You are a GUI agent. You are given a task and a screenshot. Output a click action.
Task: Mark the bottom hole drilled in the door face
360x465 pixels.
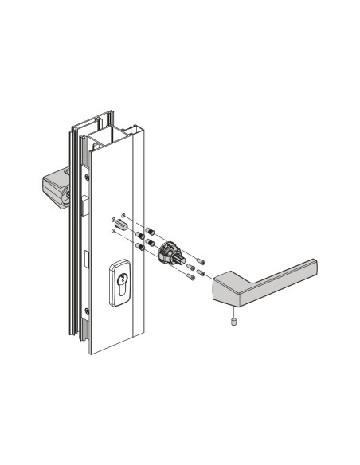(114, 232)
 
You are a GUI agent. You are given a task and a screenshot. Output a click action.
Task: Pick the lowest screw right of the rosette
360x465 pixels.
(192, 279)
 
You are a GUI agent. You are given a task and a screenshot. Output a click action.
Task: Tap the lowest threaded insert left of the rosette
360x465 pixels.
(141, 247)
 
